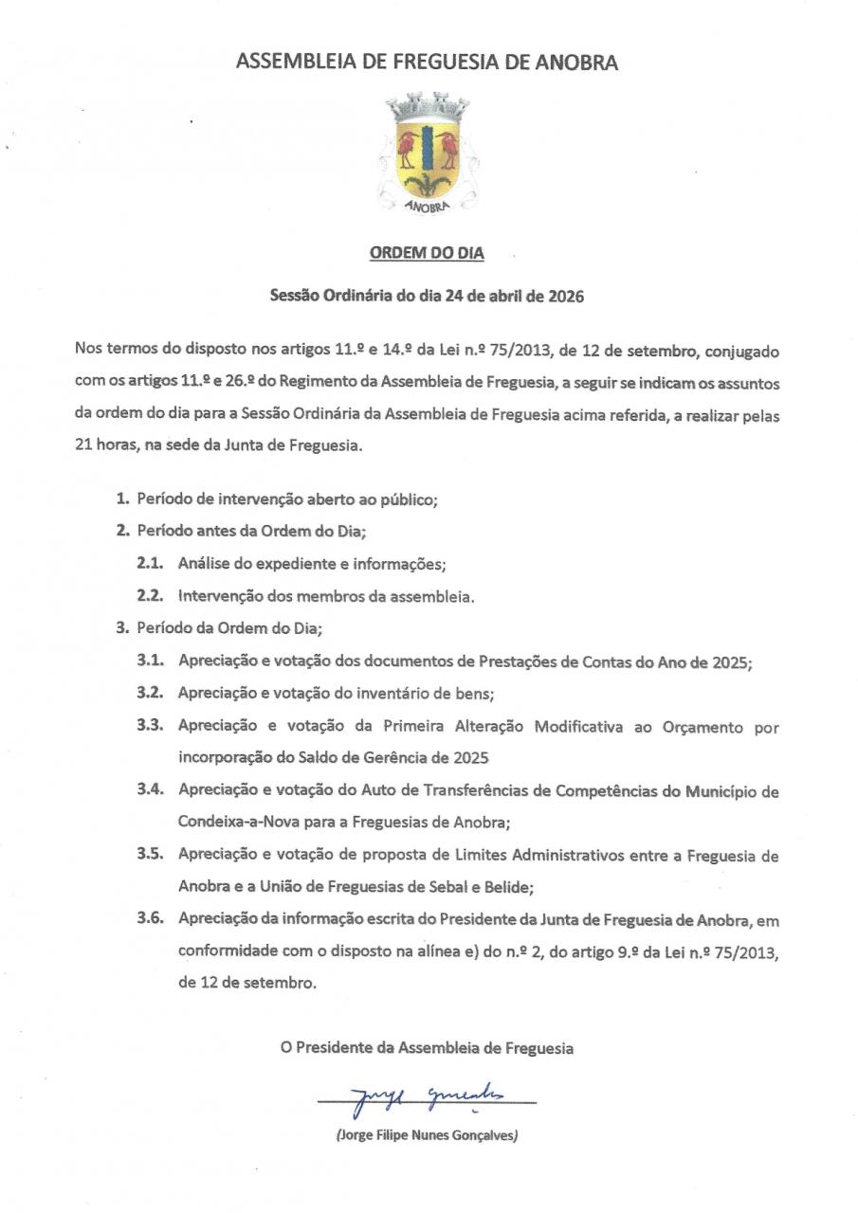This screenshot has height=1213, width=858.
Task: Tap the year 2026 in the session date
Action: coord(564,296)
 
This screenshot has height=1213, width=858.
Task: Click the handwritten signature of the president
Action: coord(427,1098)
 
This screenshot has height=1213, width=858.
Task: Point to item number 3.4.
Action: coord(152,790)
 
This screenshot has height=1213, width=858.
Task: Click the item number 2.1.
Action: coord(152,563)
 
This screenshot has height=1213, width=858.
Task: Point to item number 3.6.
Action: coord(152,920)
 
